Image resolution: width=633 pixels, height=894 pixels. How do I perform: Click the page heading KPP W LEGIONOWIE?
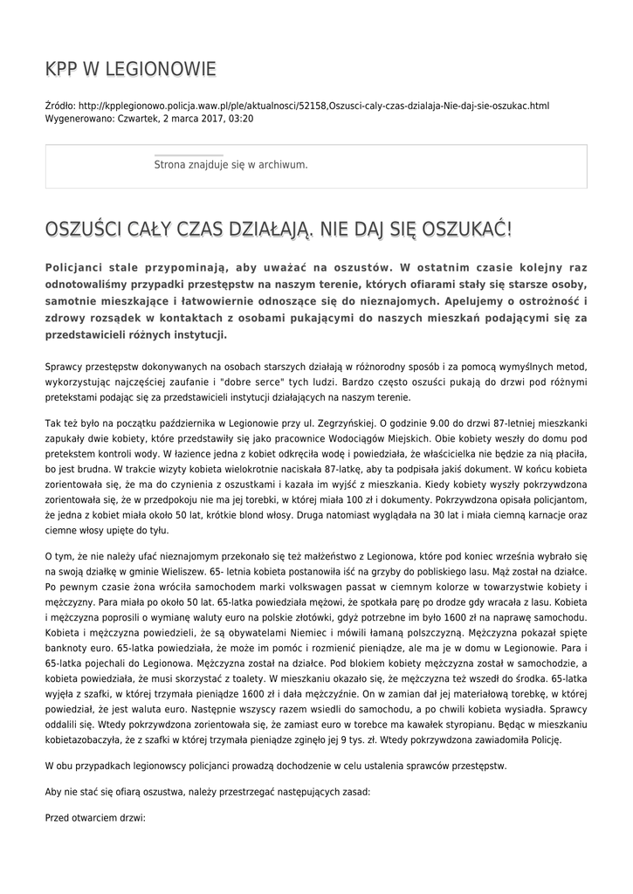point(130,70)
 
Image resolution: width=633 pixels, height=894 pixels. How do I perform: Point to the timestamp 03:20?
point(240,118)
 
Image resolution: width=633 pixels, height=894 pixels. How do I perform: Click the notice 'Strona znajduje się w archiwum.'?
point(230,164)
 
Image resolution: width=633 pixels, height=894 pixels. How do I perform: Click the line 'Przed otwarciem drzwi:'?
point(94,818)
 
